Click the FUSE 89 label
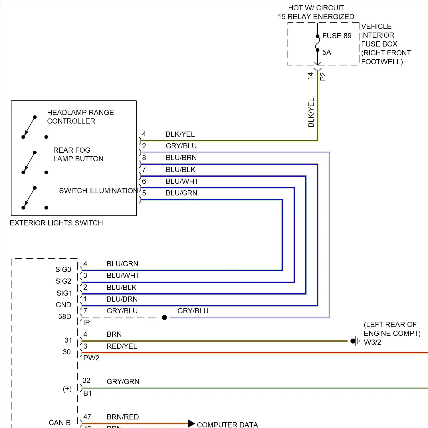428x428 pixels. click(337, 36)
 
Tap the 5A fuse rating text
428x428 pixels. click(327, 52)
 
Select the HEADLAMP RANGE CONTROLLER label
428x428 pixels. click(80, 117)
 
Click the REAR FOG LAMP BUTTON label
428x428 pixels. click(78, 154)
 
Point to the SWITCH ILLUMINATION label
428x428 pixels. click(98, 191)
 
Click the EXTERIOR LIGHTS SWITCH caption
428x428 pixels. click(56, 223)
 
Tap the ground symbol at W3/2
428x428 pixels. click(355, 341)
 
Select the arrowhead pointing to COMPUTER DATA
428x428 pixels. click(191, 423)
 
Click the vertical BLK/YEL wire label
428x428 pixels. click(311, 112)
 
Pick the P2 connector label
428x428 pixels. click(323, 76)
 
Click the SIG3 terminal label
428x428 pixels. click(63, 269)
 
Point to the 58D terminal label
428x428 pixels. click(65, 316)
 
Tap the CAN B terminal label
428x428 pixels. click(60, 423)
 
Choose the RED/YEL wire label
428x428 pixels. click(122, 346)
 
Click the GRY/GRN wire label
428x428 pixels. click(123, 381)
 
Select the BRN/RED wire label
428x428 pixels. click(123, 417)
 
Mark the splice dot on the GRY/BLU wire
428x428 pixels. click(164, 317)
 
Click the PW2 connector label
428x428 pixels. click(91, 358)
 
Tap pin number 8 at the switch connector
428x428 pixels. click(144, 158)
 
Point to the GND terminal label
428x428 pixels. click(63, 305)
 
